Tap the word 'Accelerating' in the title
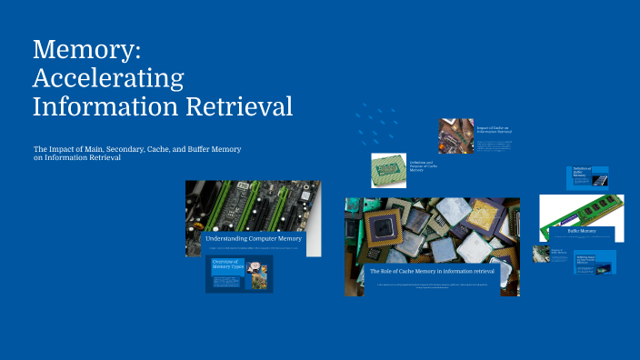(x=108, y=77)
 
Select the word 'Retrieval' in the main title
(x=241, y=106)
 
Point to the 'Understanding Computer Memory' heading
(x=253, y=238)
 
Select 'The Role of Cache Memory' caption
(x=431, y=271)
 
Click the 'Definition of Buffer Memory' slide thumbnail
(x=590, y=177)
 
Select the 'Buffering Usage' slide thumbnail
(x=595, y=262)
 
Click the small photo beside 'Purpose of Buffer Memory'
(x=541, y=254)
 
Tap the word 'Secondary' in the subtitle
(x=119, y=148)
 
